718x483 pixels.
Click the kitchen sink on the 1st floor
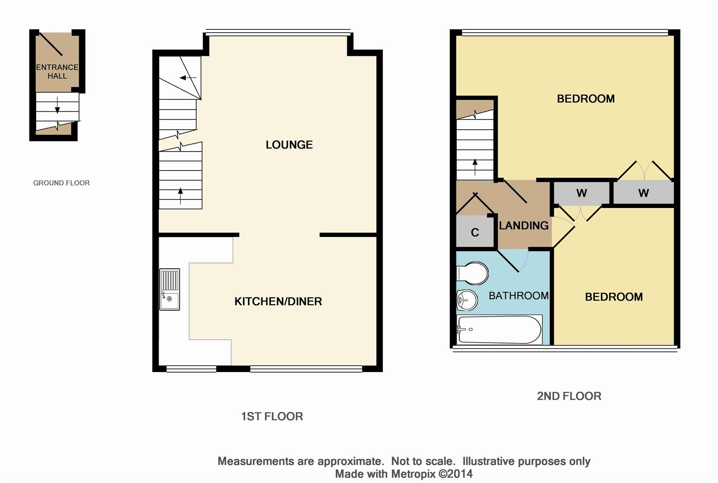click(169, 289)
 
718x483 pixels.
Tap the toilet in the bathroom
click(473, 273)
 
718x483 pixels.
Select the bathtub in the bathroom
click(500, 330)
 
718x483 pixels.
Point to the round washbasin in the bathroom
click(466, 300)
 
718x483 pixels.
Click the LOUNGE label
click(289, 145)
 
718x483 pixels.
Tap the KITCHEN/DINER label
click(278, 301)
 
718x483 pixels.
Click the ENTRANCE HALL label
click(57, 72)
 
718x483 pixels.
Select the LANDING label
click(523, 226)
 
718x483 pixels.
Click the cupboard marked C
click(475, 232)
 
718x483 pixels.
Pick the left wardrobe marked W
click(581, 193)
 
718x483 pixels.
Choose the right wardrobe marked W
click(643, 193)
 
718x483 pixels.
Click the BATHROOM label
click(518, 296)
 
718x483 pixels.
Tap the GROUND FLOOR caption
click(61, 183)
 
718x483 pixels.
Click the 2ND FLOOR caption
click(569, 396)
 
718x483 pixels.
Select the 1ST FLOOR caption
click(272, 416)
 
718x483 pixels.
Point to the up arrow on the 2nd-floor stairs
click(475, 167)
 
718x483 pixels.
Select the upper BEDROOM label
click(585, 99)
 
